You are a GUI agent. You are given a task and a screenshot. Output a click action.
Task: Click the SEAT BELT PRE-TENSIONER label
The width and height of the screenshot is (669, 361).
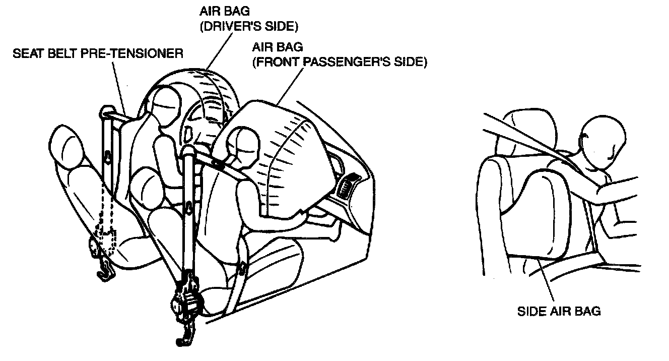coord(98,52)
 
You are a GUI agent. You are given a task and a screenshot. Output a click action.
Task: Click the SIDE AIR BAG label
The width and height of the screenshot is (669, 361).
coord(559,311)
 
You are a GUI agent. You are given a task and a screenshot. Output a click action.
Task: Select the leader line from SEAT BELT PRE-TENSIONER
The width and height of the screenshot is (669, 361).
coord(119,86)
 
